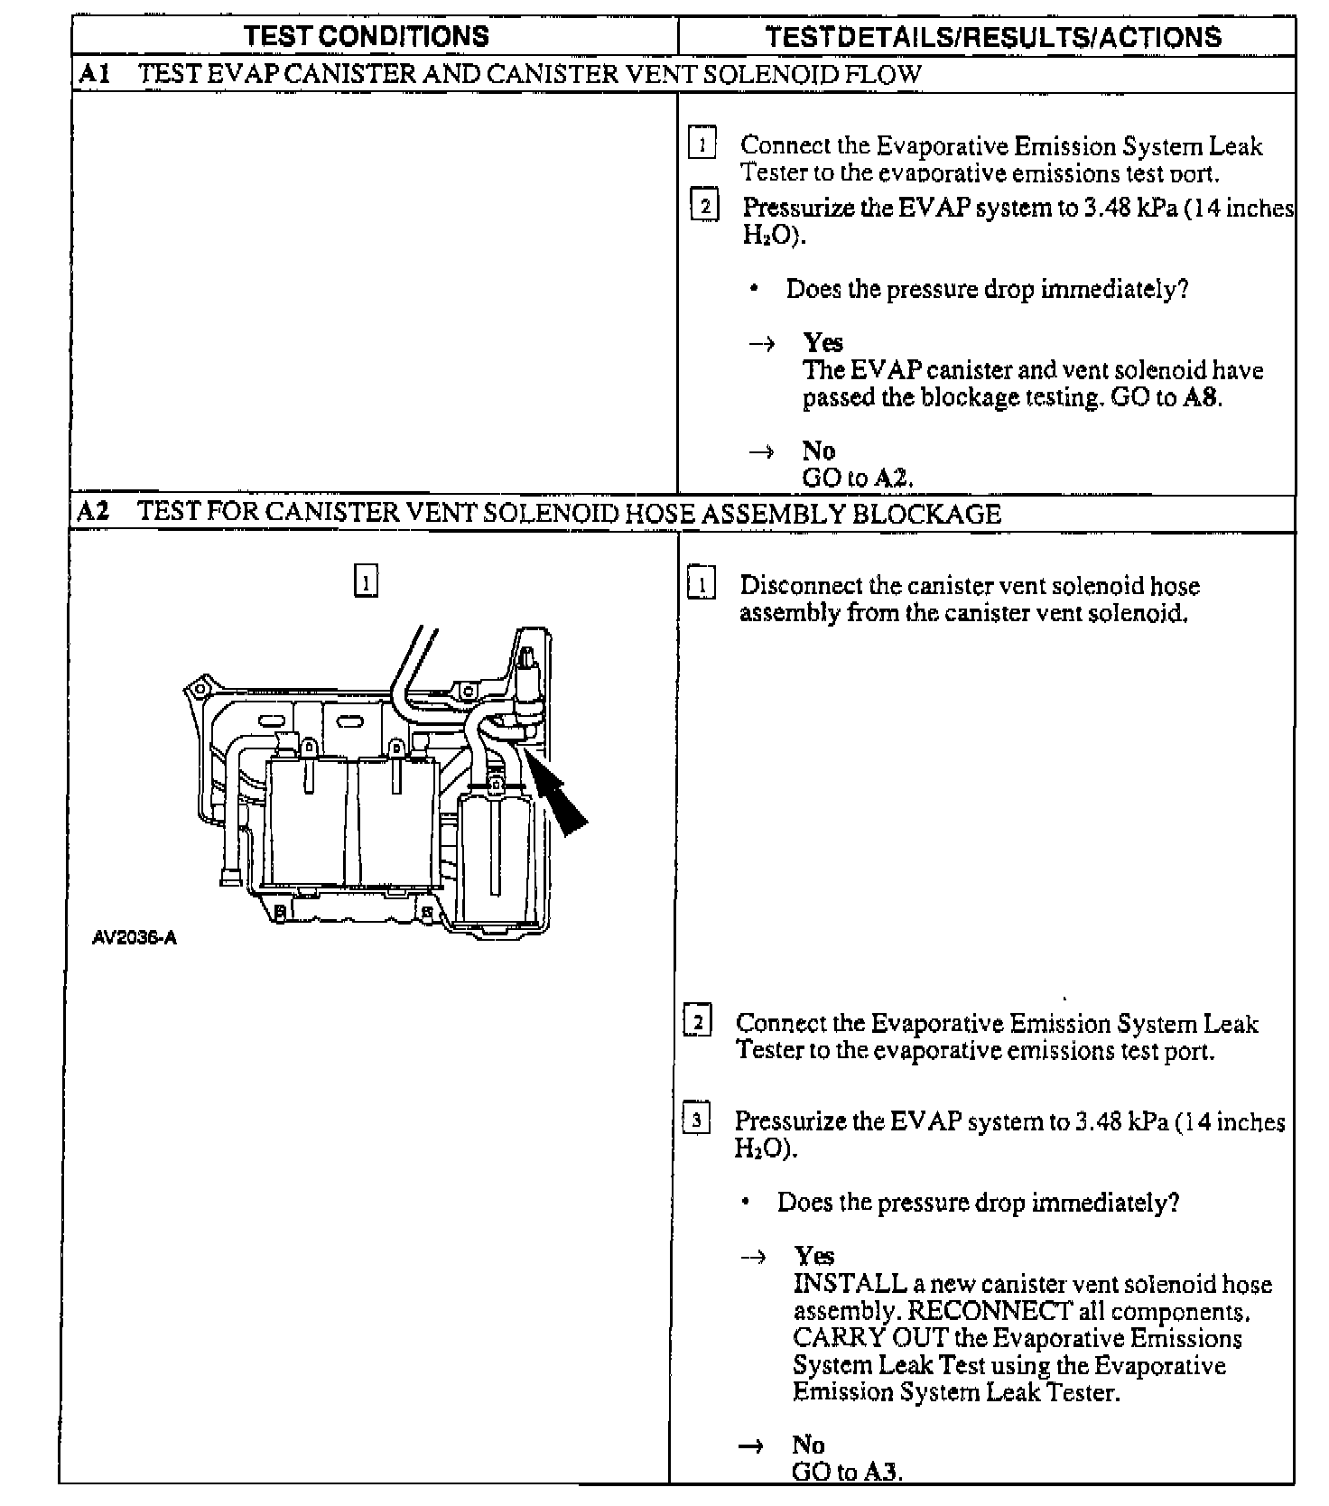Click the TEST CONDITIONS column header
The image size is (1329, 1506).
367,36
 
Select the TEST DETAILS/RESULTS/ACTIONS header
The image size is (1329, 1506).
992,37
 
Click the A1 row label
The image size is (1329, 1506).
94,74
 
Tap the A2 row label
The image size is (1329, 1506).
94,513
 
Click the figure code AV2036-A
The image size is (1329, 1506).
135,937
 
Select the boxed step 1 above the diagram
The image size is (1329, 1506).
366,582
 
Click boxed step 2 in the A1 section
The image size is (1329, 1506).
704,207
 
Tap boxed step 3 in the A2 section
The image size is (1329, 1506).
696,1120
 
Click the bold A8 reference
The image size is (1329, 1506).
1201,398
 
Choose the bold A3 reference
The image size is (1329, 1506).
881,1473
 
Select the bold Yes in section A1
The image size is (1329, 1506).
823,343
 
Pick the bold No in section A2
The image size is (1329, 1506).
808,1445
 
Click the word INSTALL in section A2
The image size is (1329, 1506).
850,1283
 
